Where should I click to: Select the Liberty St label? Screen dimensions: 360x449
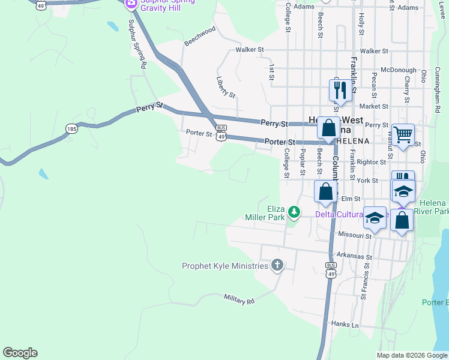click(x=226, y=87)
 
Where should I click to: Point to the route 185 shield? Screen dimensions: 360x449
click(x=72, y=128)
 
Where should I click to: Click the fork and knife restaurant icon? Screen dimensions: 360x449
click(x=340, y=90)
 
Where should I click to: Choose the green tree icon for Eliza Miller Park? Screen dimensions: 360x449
click(x=294, y=211)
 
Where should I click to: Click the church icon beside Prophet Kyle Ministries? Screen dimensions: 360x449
click(x=277, y=265)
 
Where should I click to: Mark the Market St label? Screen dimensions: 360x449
click(x=374, y=106)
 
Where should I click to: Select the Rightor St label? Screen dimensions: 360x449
click(x=371, y=162)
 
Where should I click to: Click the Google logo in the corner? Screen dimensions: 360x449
click(x=20, y=353)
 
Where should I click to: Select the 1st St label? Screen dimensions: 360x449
click(x=272, y=73)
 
